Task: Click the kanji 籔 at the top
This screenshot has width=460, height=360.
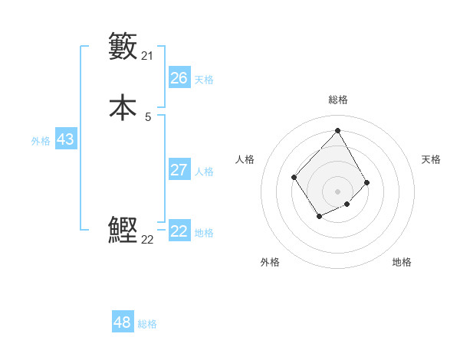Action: coord(123,46)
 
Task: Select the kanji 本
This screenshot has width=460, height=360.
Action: coord(123,107)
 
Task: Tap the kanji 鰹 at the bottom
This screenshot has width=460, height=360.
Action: coord(123,231)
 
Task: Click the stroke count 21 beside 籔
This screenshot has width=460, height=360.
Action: coord(148,56)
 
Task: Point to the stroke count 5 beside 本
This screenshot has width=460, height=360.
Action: coord(148,117)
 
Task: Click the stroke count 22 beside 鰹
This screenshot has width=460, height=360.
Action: coord(148,240)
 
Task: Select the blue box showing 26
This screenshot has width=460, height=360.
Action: coord(179,78)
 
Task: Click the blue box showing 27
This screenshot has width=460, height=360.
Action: coord(179,169)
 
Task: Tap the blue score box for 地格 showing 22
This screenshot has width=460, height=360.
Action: coord(179,231)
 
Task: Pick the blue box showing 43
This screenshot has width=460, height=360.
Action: coord(65,139)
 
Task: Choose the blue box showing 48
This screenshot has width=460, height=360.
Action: coord(123,322)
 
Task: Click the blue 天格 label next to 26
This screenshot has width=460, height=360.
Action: coord(204,80)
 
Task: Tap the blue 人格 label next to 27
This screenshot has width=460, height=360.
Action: coord(204,172)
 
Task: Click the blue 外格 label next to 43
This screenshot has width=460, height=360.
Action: coord(41,141)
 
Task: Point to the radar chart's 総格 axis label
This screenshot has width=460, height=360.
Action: coord(338,100)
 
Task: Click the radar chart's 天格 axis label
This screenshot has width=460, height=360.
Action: coord(431,159)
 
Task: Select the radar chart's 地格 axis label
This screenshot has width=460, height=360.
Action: coord(402,263)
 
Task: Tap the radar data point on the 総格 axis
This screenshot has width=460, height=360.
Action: coord(337,130)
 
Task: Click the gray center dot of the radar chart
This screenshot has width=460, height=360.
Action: coord(337,191)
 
